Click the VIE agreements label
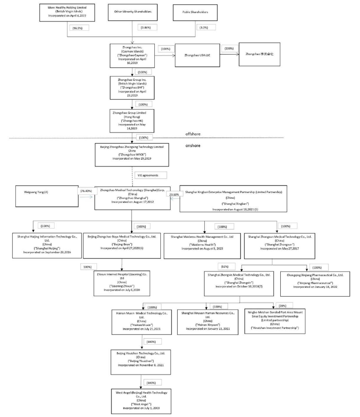pos(146,175)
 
